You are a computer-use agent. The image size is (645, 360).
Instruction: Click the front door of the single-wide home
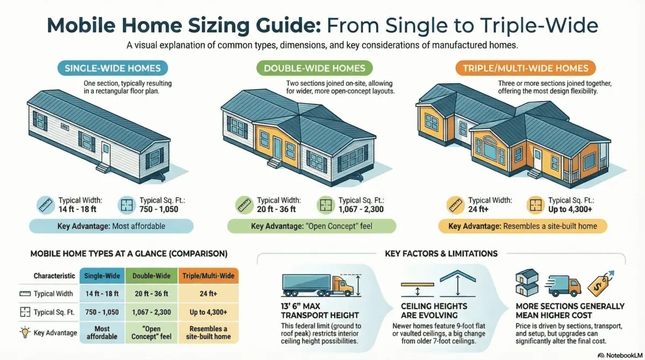coord(105,154)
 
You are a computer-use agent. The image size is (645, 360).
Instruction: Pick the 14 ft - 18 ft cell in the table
coord(102,293)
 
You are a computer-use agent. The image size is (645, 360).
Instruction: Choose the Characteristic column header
coord(54,276)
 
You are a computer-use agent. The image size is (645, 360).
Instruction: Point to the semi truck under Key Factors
coord(314,283)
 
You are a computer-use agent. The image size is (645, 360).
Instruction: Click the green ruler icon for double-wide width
coord(243,205)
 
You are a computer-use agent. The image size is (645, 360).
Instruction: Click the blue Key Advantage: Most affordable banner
coord(111,226)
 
